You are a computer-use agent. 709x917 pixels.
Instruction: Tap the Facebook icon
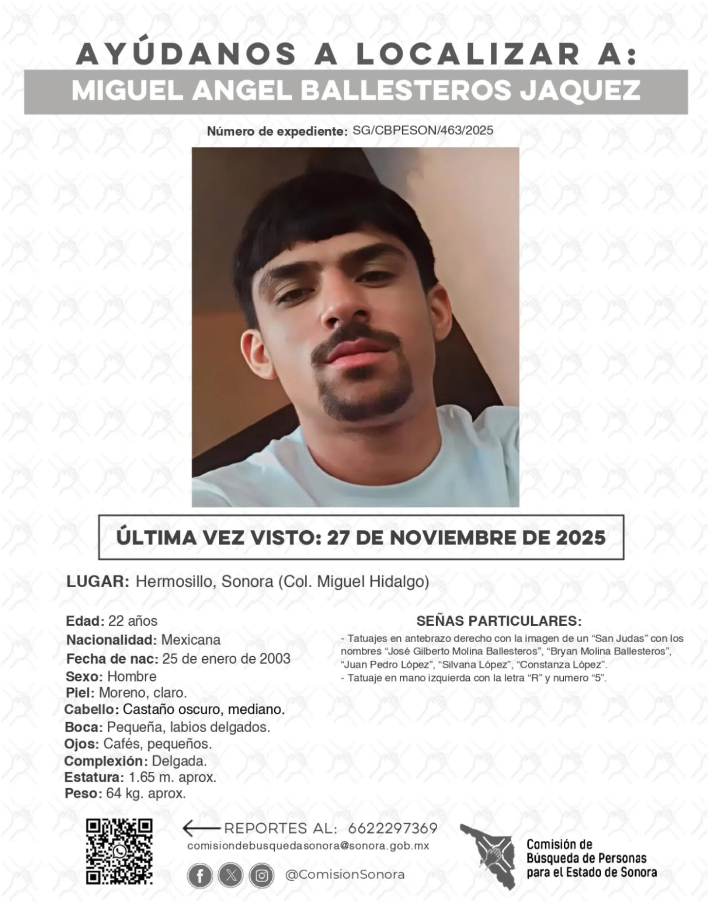pyautogui.click(x=200, y=876)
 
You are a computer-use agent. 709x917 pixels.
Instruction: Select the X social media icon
pyautogui.click(x=231, y=876)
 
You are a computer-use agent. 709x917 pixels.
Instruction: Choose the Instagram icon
pyautogui.click(x=262, y=876)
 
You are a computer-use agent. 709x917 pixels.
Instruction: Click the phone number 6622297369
pyautogui.click(x=392, y=828)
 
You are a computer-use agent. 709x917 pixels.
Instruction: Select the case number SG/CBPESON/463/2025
pyautogui.click(x=423, y=130)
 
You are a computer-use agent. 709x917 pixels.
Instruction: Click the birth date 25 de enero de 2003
pyautogui.click(x=226, y=659)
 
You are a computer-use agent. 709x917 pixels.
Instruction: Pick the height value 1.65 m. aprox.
pyautogui.click(x=172, y=777)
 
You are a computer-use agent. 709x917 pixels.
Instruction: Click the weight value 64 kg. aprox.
pyautogui.click(x=146, y=794)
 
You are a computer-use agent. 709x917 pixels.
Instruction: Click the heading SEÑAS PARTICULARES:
pyautogui.click(x=499, y=621)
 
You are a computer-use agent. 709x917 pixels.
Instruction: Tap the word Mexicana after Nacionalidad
pyautogui.click(x=191, y=640)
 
